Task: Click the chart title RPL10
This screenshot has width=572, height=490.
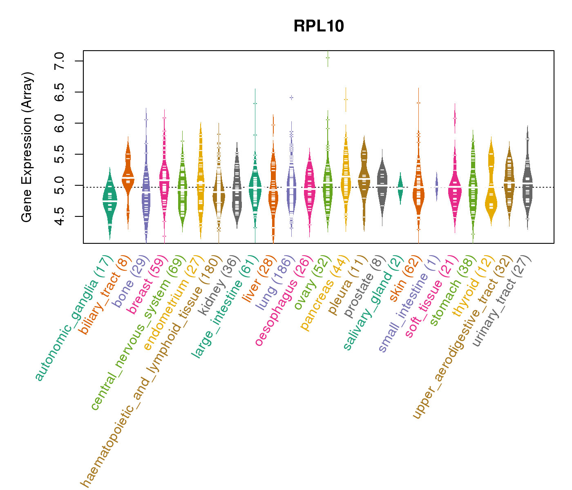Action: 319,27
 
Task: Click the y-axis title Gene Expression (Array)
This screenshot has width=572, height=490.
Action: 27,147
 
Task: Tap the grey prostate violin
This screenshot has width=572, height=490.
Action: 382,188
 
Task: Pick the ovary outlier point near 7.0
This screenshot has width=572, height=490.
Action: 328,58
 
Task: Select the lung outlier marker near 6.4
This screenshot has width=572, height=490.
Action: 291,98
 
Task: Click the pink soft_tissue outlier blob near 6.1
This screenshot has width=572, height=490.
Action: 455,118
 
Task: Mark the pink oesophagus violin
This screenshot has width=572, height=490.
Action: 309,188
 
